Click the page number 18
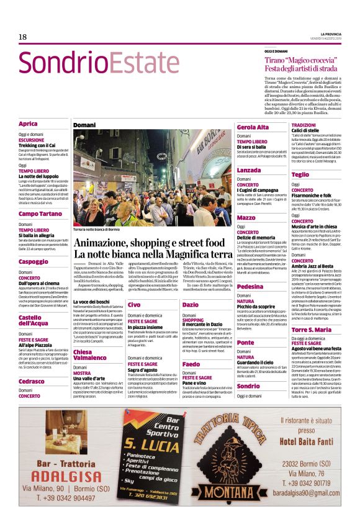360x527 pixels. [x=22, y=37]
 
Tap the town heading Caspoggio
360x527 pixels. [x=34, y=262]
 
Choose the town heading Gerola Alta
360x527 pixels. [x=252, y=127]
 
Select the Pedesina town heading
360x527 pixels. [x=250, y=286]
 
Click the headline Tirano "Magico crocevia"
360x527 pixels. [x=301, y=63]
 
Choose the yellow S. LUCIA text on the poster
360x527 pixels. [x=151, y=445]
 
